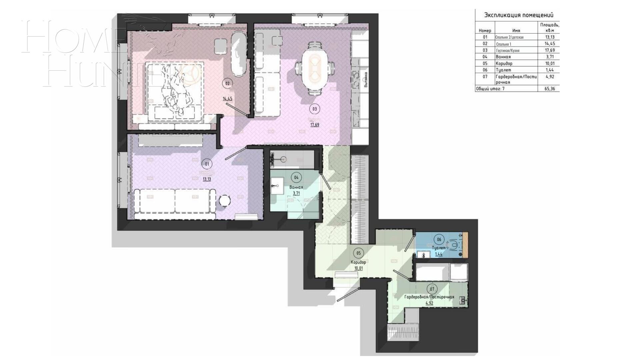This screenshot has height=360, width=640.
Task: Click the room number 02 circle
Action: pos(227,84)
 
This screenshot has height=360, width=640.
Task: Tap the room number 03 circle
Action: pos(314,109)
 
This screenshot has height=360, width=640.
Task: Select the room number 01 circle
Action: pos(207,164)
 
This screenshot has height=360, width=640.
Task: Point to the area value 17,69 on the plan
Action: pos(315,125)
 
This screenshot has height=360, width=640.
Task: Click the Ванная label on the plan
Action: pos(296,187)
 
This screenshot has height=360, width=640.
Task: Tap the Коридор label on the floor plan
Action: pos(358,262)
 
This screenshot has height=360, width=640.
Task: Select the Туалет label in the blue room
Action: pos(439,248)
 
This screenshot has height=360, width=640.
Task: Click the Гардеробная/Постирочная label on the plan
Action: pos(429,297)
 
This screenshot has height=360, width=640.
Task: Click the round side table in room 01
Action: pos(225,201)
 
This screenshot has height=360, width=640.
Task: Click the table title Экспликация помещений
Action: pos(519,15)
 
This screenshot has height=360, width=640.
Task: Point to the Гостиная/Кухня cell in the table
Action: pos(508,51)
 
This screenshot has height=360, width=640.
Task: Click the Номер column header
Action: pos(485,31)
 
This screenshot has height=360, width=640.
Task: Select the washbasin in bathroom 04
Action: pos(276,185)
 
